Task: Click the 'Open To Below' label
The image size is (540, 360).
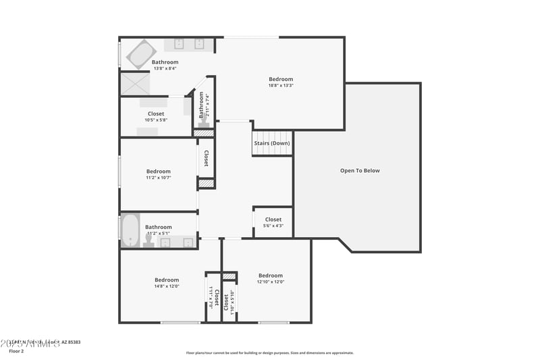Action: coord(360,171)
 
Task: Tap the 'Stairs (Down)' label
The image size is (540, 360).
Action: coord(272,143)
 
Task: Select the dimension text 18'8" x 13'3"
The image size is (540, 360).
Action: coord(281,86)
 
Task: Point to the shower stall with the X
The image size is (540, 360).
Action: coord(134,84)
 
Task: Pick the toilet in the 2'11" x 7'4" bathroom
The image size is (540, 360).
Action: coord(204,122)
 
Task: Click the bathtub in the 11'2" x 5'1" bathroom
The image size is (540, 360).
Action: coord(130,230)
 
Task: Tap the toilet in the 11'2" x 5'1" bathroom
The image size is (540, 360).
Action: coord(148,240)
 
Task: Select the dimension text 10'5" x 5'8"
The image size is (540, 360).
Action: coord(156,120)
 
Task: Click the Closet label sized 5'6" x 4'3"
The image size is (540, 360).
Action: coord(273,220)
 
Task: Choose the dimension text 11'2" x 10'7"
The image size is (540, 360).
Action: coord(159,178)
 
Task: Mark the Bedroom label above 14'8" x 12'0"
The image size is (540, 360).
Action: coord(167,280)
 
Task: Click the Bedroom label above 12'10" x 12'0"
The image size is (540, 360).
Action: coord(271,275)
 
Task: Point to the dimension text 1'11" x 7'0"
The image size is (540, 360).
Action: coord(211,298)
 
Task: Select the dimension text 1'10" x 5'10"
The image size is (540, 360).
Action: coord(232,301)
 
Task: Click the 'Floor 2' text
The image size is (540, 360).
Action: coord(16,351)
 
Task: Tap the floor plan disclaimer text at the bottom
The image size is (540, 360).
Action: coord(270,353)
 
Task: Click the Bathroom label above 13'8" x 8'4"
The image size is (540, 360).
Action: coord(165,62)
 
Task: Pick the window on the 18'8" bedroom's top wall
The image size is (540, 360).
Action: coord(251,37)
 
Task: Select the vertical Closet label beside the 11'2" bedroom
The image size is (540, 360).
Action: coord(206,158)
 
